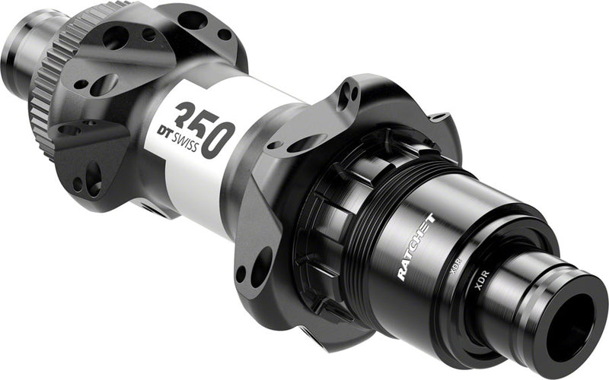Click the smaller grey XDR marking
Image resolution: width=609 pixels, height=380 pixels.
click(x=455, y=267)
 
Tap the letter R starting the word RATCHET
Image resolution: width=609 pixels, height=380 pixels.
click(x=401, y=274)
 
